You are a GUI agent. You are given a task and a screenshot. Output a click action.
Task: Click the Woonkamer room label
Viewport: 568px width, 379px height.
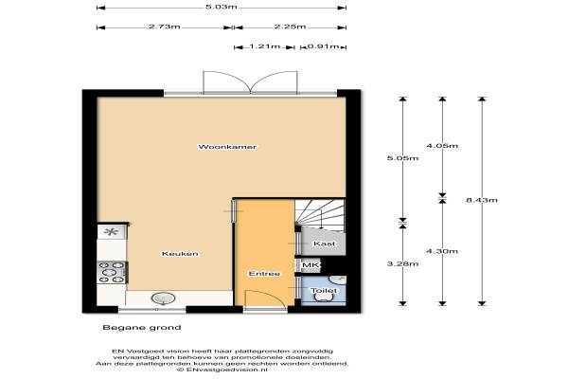(227, 147)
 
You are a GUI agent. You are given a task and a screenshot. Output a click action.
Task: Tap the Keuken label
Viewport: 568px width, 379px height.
(180, 254)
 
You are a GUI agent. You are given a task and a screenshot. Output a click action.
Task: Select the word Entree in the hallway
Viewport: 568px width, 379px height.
(264, 274)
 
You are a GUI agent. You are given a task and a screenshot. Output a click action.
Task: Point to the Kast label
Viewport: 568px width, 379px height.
(324, 244)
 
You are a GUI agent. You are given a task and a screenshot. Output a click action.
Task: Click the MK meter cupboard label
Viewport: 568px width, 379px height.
(311, 265)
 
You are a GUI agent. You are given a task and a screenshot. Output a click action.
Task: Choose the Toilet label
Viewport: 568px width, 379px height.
(324, 291)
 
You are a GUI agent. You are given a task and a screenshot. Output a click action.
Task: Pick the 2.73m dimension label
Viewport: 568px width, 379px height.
(165, 27)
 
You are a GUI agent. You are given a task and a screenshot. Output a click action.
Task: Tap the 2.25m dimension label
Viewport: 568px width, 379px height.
(290, 27)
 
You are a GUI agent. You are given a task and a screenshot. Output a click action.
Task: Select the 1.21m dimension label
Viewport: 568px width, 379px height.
(265, 46)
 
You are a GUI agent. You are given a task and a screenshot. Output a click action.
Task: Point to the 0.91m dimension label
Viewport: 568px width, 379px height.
(324, 46)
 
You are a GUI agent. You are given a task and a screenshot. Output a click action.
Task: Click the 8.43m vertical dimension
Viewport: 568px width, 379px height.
(482, 200)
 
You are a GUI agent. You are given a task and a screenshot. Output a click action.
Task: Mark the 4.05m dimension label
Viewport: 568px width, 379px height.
(442, 146)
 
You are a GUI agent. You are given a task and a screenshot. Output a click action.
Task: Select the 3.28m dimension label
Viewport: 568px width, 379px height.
(403, 263)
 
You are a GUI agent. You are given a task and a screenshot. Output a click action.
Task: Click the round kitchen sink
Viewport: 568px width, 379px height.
(164, 298)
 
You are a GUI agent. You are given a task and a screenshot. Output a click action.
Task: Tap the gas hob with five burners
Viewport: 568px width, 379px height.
(112, 272)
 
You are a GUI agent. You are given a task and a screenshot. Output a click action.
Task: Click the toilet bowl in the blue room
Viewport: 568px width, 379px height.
(324, 298)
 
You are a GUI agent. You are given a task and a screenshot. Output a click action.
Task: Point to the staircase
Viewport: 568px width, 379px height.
(320, 215)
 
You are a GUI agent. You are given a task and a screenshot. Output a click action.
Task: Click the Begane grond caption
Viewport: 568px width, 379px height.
(142, 328)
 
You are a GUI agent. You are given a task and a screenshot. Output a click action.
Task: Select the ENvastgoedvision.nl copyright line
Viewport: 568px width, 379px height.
(222, 370)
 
